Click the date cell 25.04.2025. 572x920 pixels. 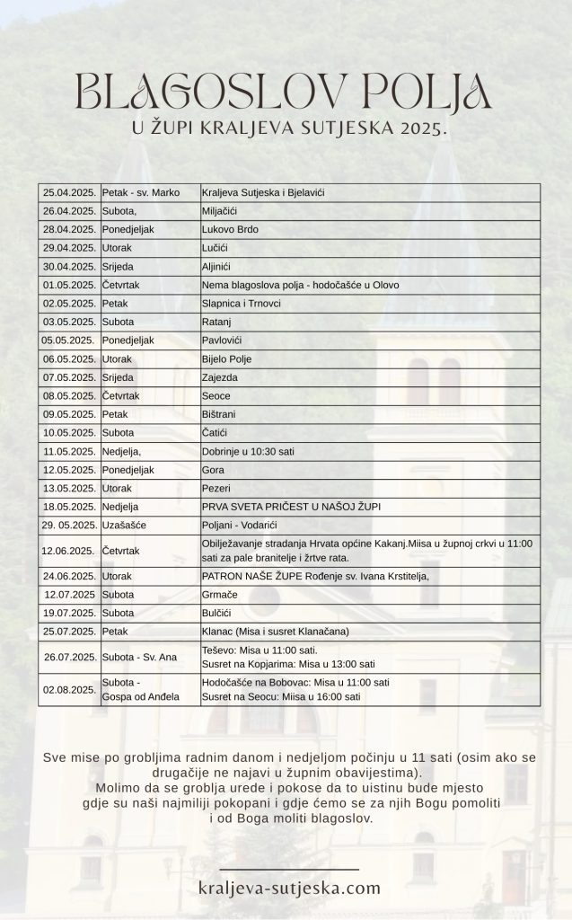coord(69,193)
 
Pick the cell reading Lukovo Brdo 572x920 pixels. coord(231,230)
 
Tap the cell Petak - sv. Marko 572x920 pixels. coord(141,193)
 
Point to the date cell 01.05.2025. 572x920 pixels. coord(69,285)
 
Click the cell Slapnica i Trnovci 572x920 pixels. coord(242,304)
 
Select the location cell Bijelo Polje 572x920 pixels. coord(227,359)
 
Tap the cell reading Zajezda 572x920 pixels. coord(220,377)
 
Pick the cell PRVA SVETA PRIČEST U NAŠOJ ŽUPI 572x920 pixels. coord(291,507)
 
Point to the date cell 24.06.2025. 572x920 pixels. coord(69,576)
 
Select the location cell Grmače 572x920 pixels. coord(219,594)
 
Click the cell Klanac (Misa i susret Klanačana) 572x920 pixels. coord(276,632)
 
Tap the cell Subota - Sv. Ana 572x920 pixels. coord(139,658)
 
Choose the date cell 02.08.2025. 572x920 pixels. coord(69,690)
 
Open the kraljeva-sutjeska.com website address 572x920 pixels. coord(289,889)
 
